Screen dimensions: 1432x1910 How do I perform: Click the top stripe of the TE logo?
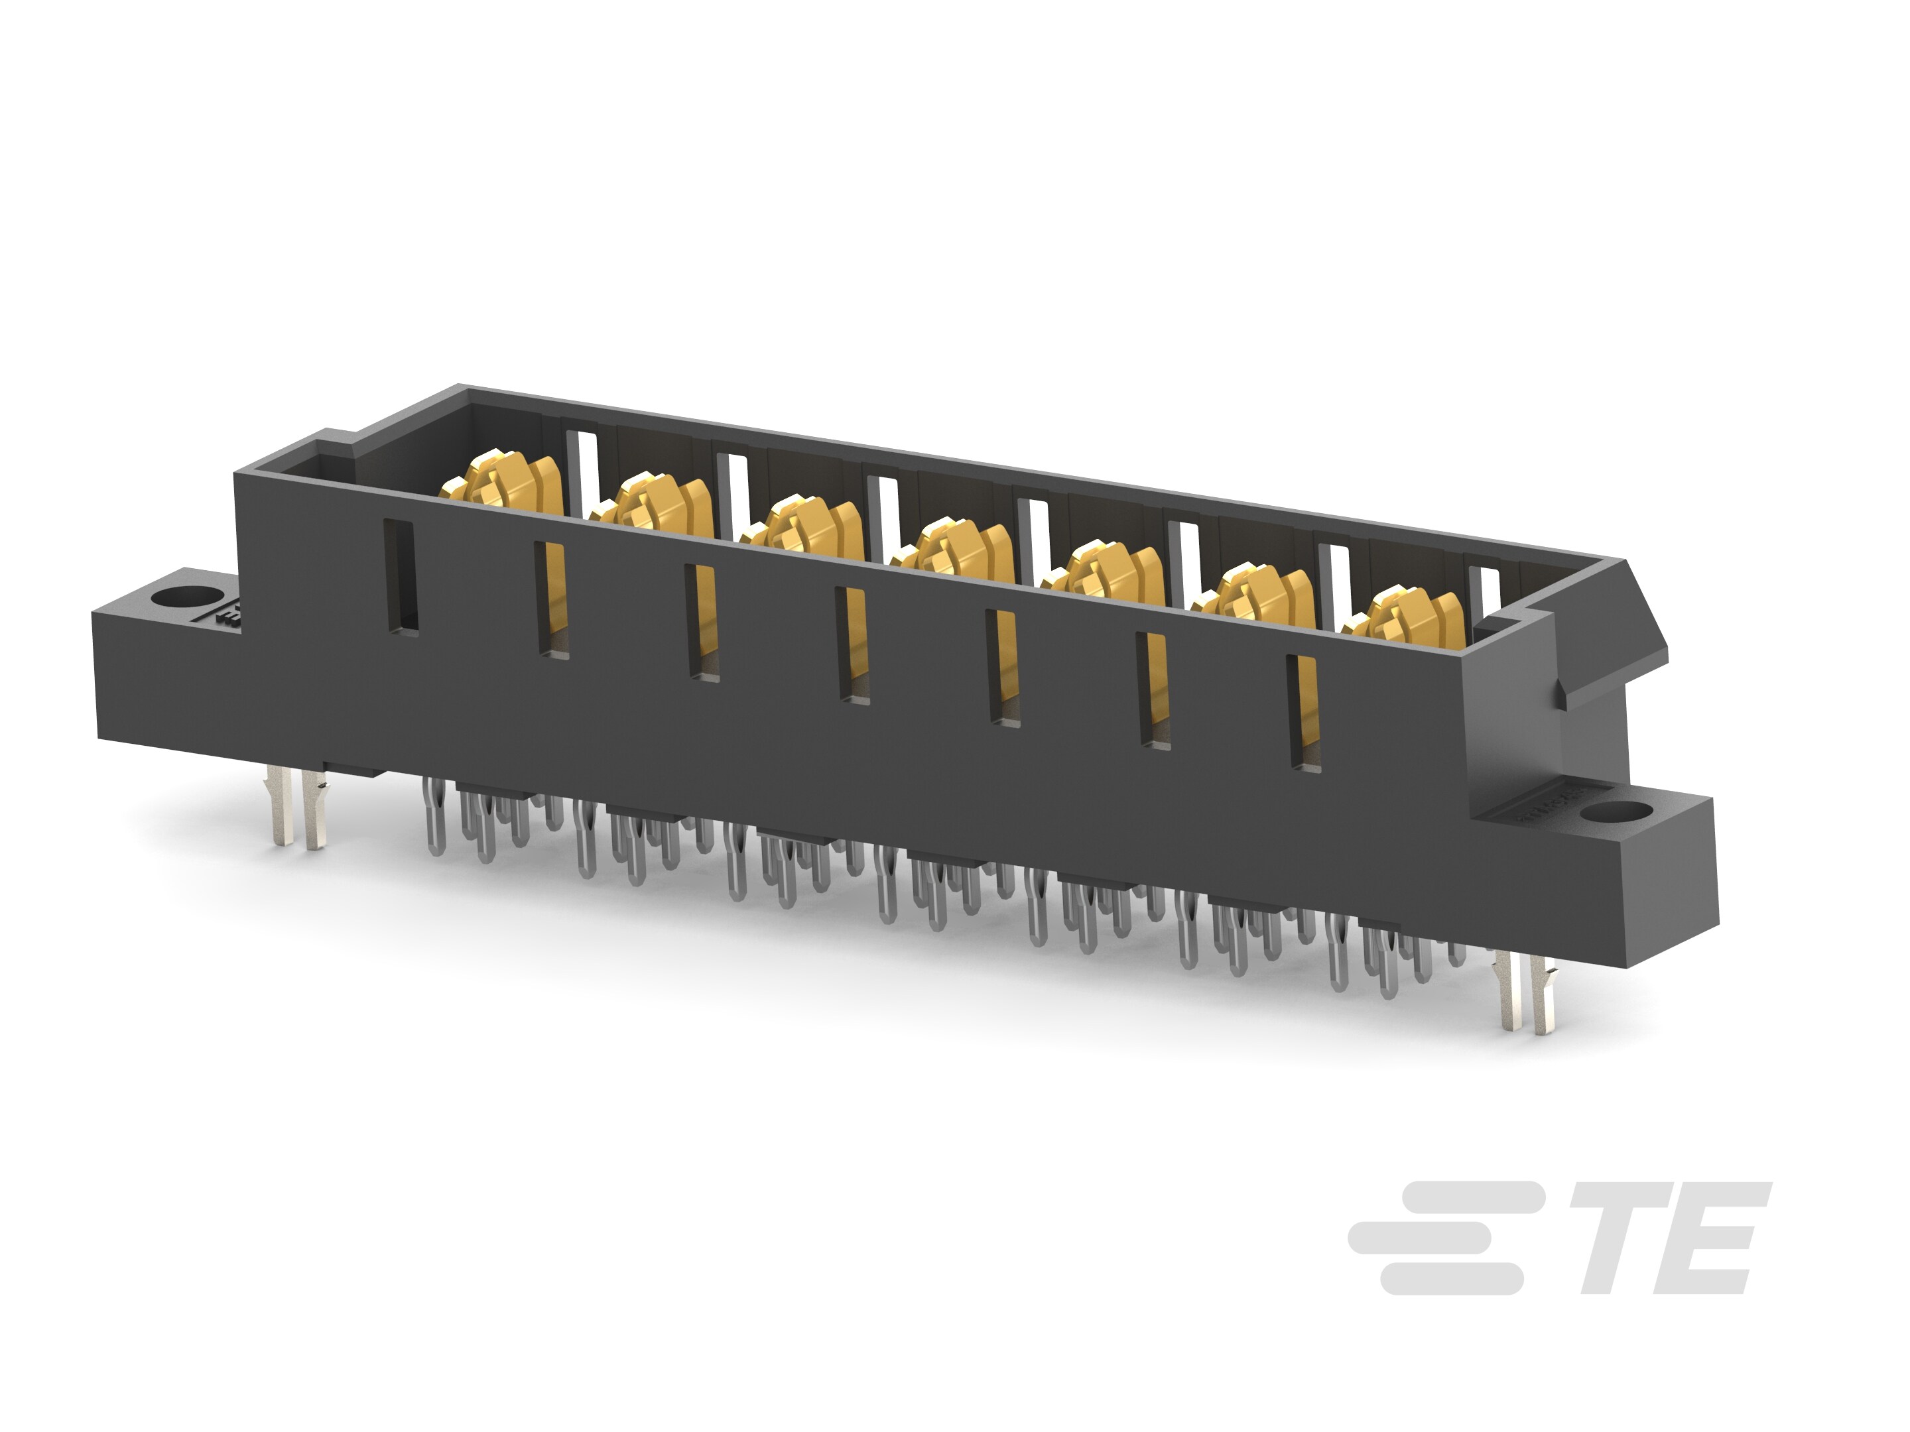1468,1197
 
